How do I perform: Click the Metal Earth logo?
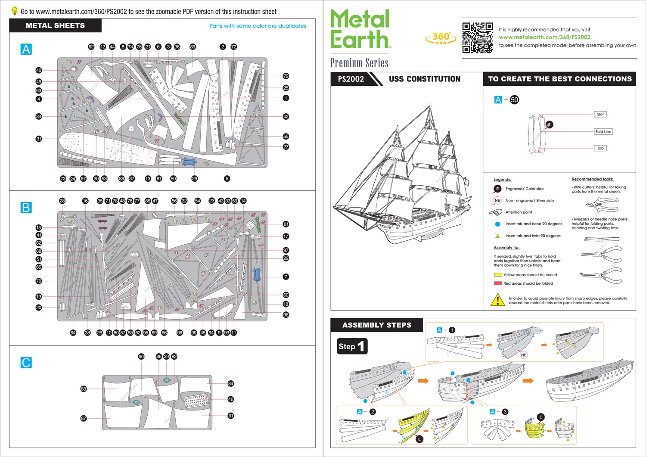360,29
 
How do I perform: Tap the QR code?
477,38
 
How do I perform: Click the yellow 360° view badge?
441,38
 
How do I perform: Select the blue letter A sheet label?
26,49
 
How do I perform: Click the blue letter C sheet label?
26,363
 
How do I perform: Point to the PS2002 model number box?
351,79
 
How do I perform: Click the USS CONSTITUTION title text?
424,79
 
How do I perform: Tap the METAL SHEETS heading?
55,25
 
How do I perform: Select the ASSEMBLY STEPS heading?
376,325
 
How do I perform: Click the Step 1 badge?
352,346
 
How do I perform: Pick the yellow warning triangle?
498,300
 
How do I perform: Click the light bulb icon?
15,11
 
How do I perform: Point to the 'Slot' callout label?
600,114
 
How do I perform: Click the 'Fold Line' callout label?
603,132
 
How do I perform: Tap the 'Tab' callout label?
600,148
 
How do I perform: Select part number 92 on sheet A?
91,47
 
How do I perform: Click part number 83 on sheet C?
84,389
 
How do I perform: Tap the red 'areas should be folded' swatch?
498,283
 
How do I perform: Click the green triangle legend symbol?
497,236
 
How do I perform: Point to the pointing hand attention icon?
496,212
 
